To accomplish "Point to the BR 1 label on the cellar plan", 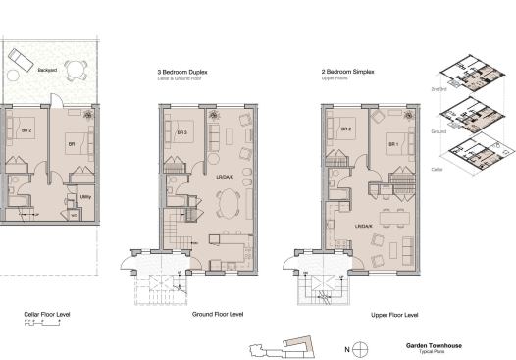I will coord(72,145).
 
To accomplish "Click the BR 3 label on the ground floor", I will coord(181,133).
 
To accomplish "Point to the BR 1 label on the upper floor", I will coord(392,144).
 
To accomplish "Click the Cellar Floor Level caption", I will coord(47,316).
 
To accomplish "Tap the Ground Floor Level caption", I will coord(217,315).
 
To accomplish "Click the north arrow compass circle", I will coord(361,348).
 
